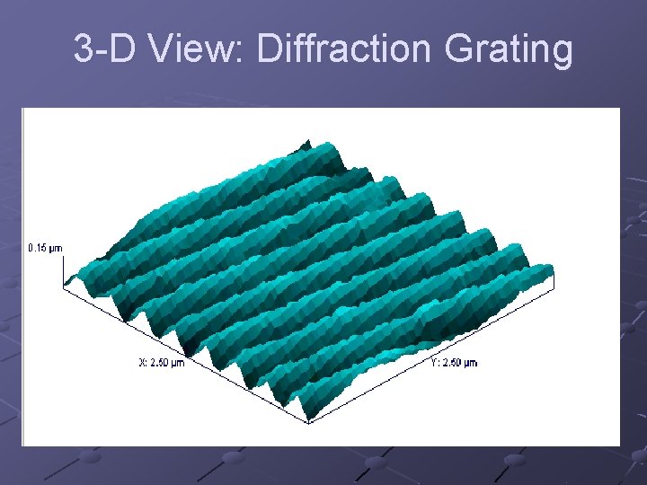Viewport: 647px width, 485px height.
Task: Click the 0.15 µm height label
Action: point(45,247)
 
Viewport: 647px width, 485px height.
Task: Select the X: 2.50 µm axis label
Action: point(162,363)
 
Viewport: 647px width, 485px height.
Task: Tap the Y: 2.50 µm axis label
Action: point(454,363)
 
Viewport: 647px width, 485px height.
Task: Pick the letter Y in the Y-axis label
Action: point(434,363)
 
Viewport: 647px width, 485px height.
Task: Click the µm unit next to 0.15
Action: point(56,247)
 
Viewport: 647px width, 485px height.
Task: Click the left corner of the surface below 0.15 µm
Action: point(65,286)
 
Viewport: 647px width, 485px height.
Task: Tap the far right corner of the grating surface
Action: point(553,269)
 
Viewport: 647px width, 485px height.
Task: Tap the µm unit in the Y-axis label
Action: point(470,363)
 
